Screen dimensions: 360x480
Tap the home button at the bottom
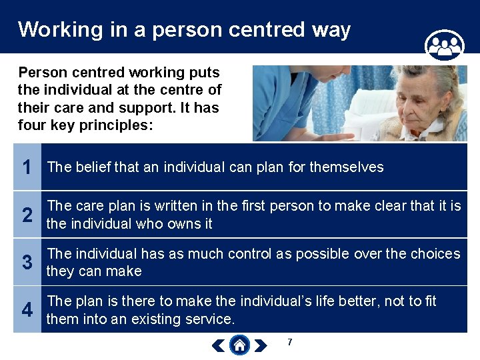(239, 345)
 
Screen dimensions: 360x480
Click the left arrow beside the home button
(218, 345)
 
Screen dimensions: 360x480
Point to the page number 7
(289, 343)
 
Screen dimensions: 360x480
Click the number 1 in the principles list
(27, 167)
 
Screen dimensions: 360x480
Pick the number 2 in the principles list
(27, 215)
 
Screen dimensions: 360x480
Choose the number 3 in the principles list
(27, 263)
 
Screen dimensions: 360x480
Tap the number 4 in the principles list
(27, 310)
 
